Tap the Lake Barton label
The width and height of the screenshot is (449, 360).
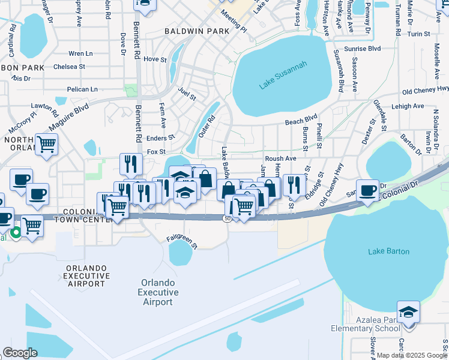(389, 251)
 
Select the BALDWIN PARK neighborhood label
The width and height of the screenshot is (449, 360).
(198, 31)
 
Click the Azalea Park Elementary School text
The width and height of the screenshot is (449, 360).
(366, 324)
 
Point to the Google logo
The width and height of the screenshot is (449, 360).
(20, 353)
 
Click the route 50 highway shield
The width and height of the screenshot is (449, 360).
(228, 219)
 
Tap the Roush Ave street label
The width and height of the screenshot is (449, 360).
(281, 158)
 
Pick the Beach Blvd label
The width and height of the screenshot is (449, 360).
(300, 121)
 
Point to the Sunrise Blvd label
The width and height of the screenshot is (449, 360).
(362, 49)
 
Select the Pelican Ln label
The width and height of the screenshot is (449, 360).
(82, 89)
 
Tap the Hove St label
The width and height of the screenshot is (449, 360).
(154, 59)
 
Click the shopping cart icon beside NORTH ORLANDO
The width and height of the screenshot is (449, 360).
(47, 144)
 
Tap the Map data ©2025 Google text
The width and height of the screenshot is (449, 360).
(412, 355)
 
